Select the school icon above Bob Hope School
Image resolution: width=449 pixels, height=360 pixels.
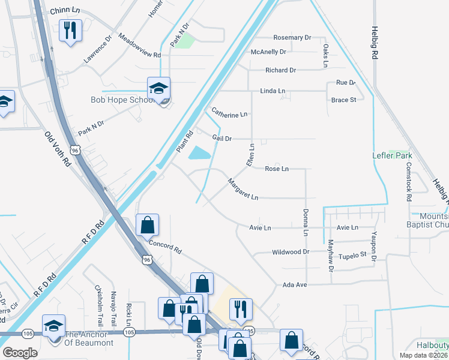click(159, 88)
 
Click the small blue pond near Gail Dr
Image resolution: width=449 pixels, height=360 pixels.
click(200, 154)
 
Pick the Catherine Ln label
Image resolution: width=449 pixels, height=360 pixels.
click(229, 112)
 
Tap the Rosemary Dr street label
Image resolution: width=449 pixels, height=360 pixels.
click(292, 37)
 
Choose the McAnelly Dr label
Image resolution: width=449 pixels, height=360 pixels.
click(269, 52)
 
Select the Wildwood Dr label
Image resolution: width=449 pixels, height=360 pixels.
click(290, 253)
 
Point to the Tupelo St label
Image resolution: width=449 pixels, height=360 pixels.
click(352, 255)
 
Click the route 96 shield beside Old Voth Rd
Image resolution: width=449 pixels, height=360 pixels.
click(75, 151)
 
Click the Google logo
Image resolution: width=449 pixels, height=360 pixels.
click(20, 353)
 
